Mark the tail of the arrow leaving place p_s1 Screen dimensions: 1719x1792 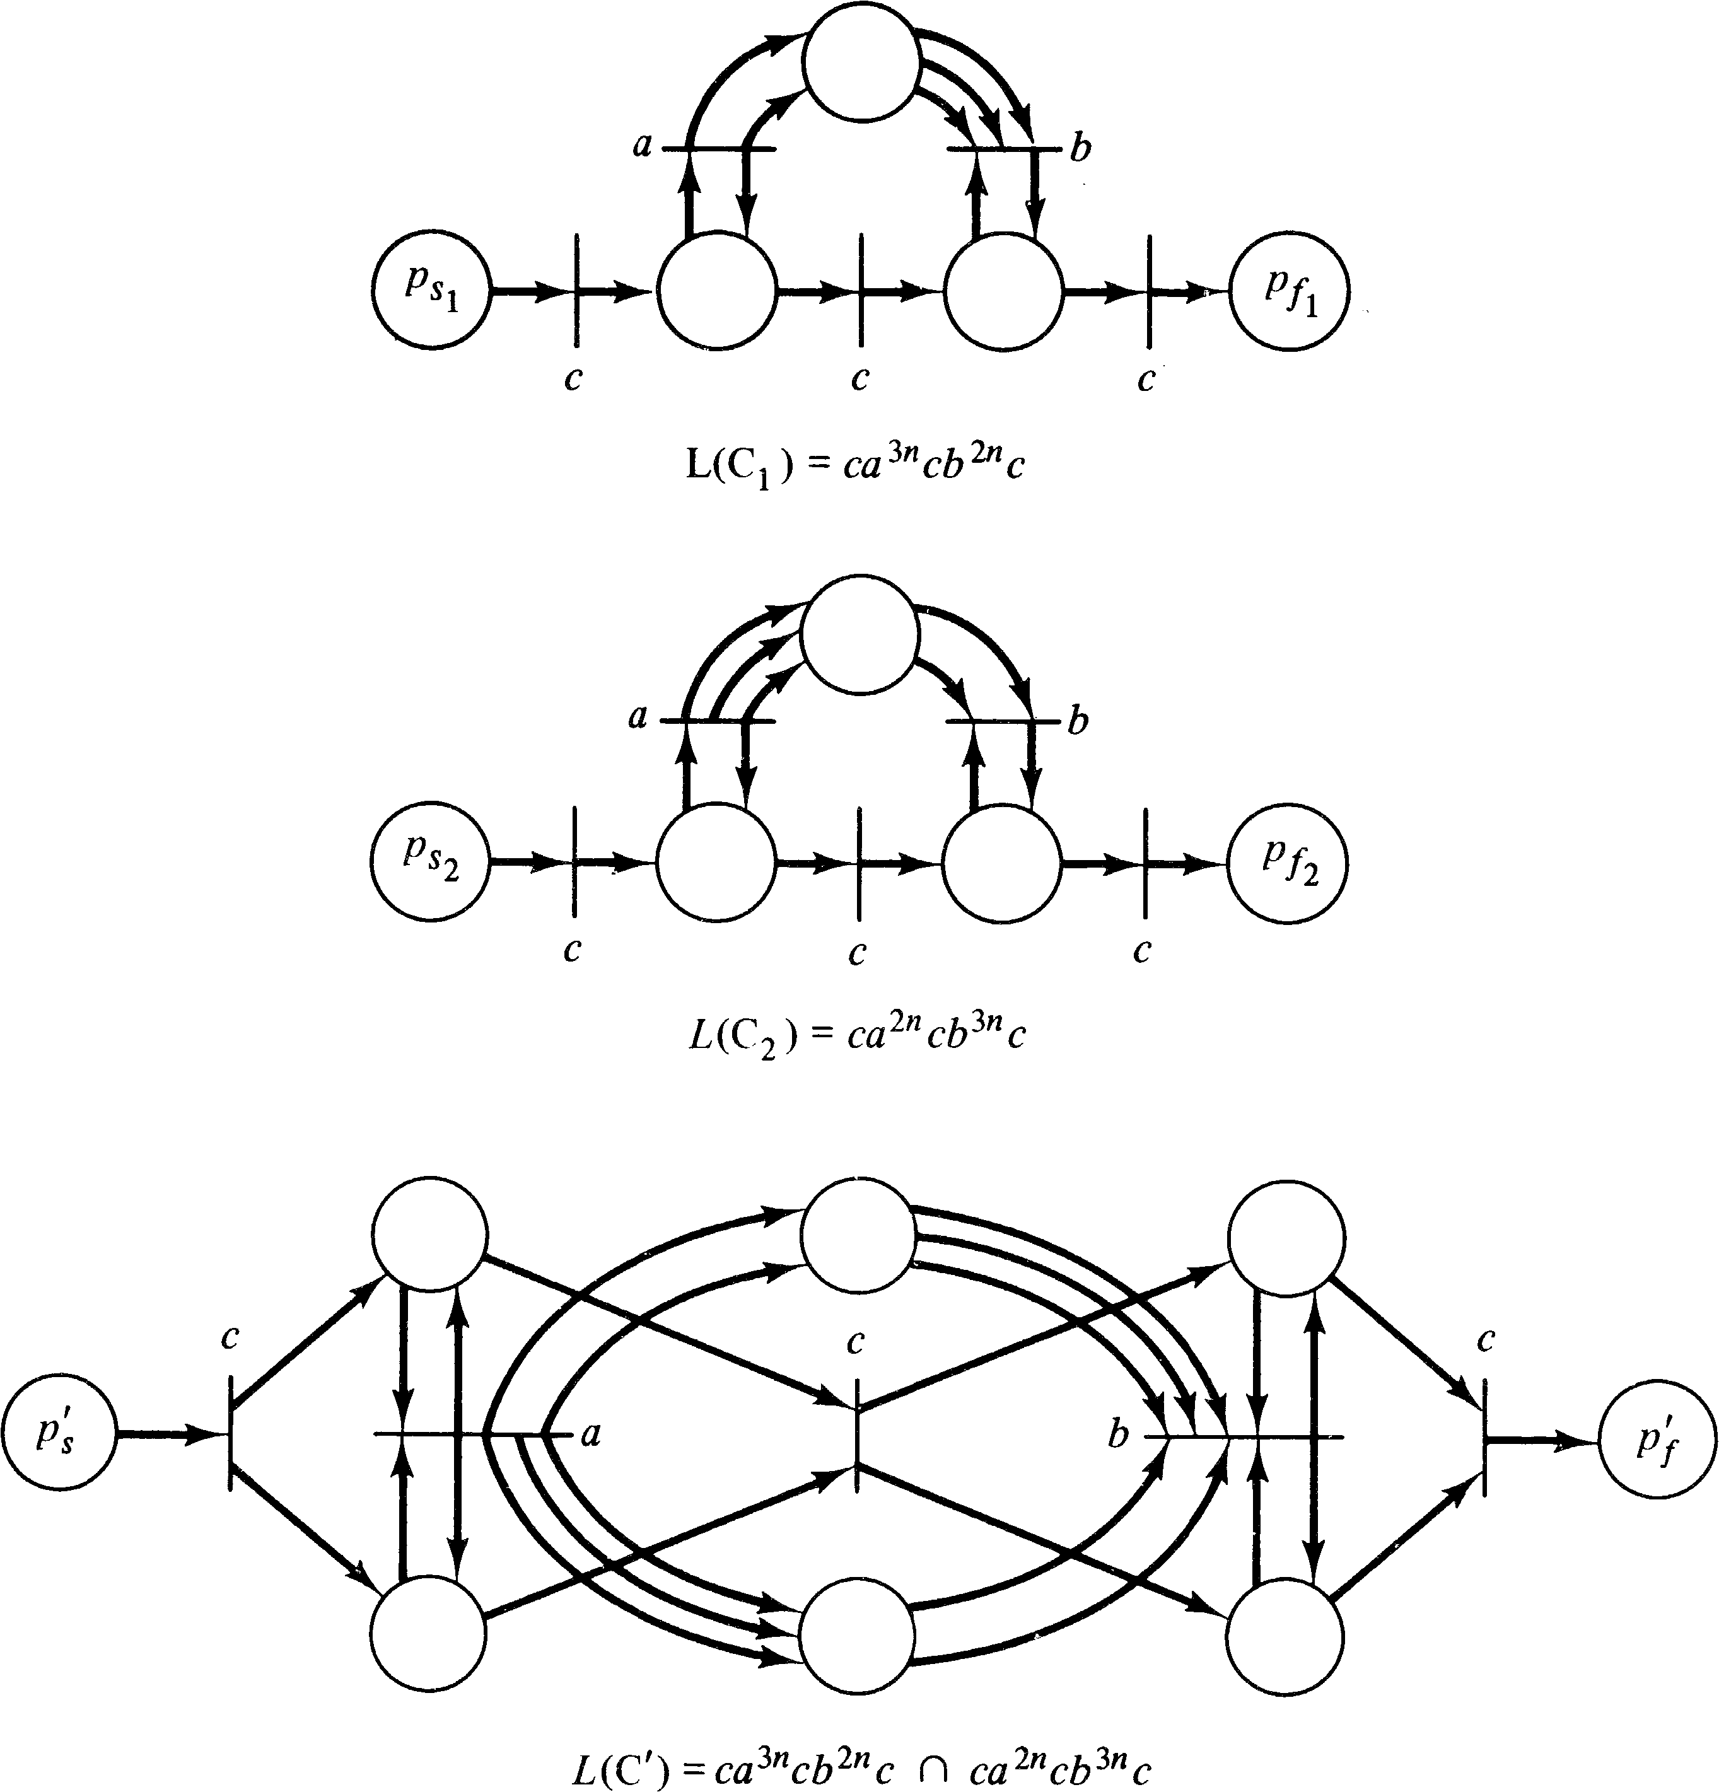click(491, 293)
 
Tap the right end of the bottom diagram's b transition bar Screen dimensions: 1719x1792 click(1343, 1437)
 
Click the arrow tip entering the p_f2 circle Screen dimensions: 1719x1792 click(1228, 863)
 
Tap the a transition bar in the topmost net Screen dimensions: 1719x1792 click(719, 148)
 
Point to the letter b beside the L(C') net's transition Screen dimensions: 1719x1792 click(1117, 1434)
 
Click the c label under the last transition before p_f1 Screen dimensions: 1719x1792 click(1146, 380)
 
